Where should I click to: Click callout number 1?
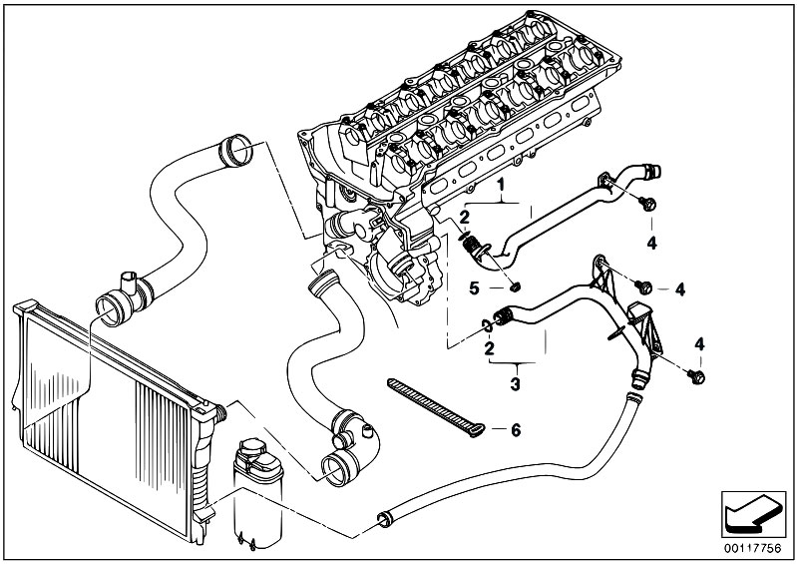501,184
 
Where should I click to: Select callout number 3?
516,384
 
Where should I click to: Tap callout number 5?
474,288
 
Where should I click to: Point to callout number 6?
516,431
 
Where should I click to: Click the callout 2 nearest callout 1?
465,219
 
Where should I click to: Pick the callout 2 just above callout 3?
489,348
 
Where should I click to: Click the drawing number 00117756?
752,548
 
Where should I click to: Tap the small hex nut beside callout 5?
515,288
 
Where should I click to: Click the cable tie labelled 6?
436,407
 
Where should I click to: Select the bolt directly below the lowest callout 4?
696,376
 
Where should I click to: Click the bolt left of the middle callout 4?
643,287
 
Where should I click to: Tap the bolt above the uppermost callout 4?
647,204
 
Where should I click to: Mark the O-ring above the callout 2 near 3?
487,325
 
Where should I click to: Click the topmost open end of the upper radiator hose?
235,150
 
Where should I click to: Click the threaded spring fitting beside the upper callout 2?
473,247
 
